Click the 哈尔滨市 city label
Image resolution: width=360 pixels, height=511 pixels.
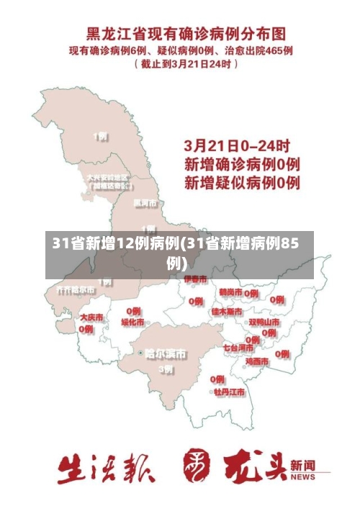tap(166, 353)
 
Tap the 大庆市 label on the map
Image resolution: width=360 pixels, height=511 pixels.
tap(91, 317)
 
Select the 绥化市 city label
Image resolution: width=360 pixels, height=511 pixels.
tap(132, 322)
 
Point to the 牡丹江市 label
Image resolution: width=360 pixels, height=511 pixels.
tap(229, 392)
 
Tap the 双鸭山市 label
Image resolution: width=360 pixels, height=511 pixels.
tap(264, 322)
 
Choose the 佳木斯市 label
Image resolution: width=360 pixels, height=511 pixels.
tap(228, 311)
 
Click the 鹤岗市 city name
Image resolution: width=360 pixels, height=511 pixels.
tap(230, 292)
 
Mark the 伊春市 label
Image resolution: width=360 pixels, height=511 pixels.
tap(194, 279)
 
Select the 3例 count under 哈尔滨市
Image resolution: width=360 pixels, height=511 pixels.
tap(166, 369)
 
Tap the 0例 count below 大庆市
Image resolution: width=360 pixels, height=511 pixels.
tap(86, 329)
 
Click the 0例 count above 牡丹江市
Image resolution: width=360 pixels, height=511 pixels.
tap(217, 379)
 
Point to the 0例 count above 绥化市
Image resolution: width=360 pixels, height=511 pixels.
tap(133, 310)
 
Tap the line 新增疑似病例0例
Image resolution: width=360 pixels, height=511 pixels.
tap(242, 182)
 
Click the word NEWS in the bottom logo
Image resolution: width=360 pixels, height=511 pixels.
tap(302, 476)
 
